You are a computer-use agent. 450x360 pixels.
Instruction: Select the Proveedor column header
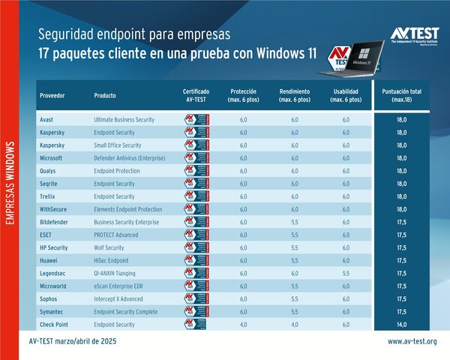(x=52, y=95)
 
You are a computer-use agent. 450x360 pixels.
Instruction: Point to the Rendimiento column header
(x=294, y=95)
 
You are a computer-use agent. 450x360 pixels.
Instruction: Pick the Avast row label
(x=47, y=119)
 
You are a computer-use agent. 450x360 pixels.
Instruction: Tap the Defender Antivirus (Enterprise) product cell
(x=129, y=158)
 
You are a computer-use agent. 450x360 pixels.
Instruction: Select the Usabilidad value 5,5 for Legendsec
(x=345, y=273)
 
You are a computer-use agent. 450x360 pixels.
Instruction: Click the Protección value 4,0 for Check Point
(x=243, y=325)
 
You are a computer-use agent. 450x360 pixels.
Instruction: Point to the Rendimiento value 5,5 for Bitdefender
(x=294, y=222)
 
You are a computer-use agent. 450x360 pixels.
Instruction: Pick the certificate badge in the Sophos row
(x=196, y=298)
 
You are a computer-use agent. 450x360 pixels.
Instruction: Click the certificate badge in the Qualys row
(x=196, y=171)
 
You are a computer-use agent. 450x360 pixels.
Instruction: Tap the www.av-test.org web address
(x=412, y=342)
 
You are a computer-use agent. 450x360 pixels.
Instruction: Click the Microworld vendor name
(x=55, y=286)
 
